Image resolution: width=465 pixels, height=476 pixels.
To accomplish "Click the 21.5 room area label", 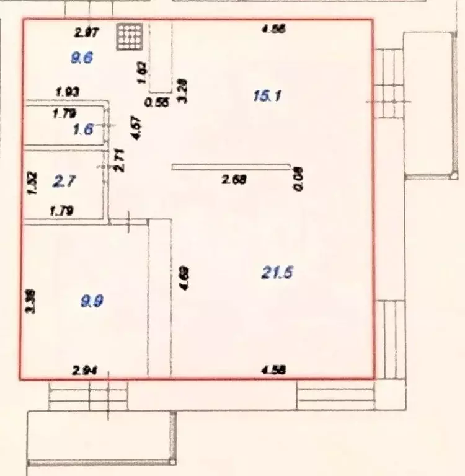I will (x=277, y=272).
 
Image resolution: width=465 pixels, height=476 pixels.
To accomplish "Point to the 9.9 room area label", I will (x=92, y=301).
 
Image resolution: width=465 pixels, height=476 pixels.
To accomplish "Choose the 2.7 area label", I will (x=64, y=182).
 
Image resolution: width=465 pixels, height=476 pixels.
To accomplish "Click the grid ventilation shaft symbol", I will (x=130, y=37).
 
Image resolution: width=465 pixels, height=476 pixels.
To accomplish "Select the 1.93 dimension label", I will (x=67, y=92).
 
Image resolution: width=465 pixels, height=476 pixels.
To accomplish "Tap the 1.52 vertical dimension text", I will (x=33, y=183).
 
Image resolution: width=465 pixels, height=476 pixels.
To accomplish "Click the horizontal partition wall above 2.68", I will (x=231, y=166).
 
